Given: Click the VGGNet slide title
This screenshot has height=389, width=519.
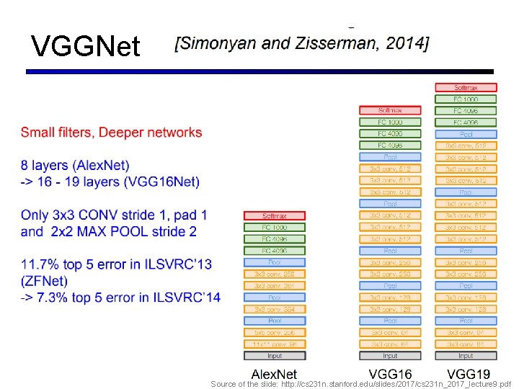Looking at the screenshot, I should pyautogui.click(x=85, y=47).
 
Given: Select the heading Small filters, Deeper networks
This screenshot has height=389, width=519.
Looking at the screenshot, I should pyautogui.click(x=111, y=133).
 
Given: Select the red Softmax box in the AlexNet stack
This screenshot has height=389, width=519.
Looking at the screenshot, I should pyautogui.click(x=275, y=215).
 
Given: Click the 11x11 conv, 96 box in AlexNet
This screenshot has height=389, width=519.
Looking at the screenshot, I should pyautogui.click(x=275, y=344).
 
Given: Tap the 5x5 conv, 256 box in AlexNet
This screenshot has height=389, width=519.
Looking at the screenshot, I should pyautogui.click(x=275, y=333).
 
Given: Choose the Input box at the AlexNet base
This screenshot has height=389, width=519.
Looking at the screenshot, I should pyautogui.click(x=275, y=356).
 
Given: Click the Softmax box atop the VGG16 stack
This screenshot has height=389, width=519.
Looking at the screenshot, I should pyautogui.click(x=390, y=110).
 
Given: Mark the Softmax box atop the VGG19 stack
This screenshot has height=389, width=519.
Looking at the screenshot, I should pyautogui.click(x=466, y=88).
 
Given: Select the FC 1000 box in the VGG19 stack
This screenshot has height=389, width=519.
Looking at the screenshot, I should pyautogui.click(x=466, y=99).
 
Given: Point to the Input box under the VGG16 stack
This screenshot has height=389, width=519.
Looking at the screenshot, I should pyautogui.click(x=390, y=356).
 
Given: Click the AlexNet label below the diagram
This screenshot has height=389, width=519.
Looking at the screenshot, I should pyautogui.click(x=274, y=373).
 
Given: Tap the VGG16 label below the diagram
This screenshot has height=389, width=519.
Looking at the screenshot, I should pyautogui.click(x=390, y=373).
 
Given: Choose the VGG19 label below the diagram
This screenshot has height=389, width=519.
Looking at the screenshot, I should pyautogui.click(x=468, y=373).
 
